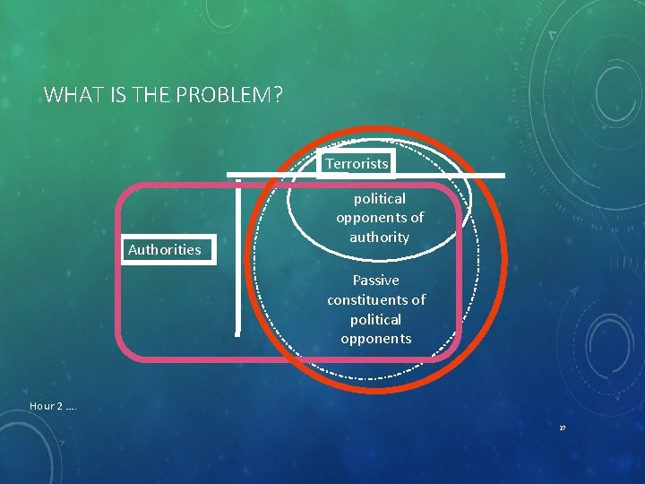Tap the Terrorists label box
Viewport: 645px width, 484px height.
357,164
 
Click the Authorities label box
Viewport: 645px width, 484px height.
164,249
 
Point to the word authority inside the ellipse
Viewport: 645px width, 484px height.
379,238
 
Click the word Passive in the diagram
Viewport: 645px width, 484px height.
375,281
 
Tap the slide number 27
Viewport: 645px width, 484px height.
563,428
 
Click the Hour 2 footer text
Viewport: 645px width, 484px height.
52,406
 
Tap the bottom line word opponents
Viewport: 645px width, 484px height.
375,339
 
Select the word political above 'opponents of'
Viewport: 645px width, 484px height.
379,199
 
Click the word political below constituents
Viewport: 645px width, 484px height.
375,319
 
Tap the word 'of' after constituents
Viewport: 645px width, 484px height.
417,300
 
